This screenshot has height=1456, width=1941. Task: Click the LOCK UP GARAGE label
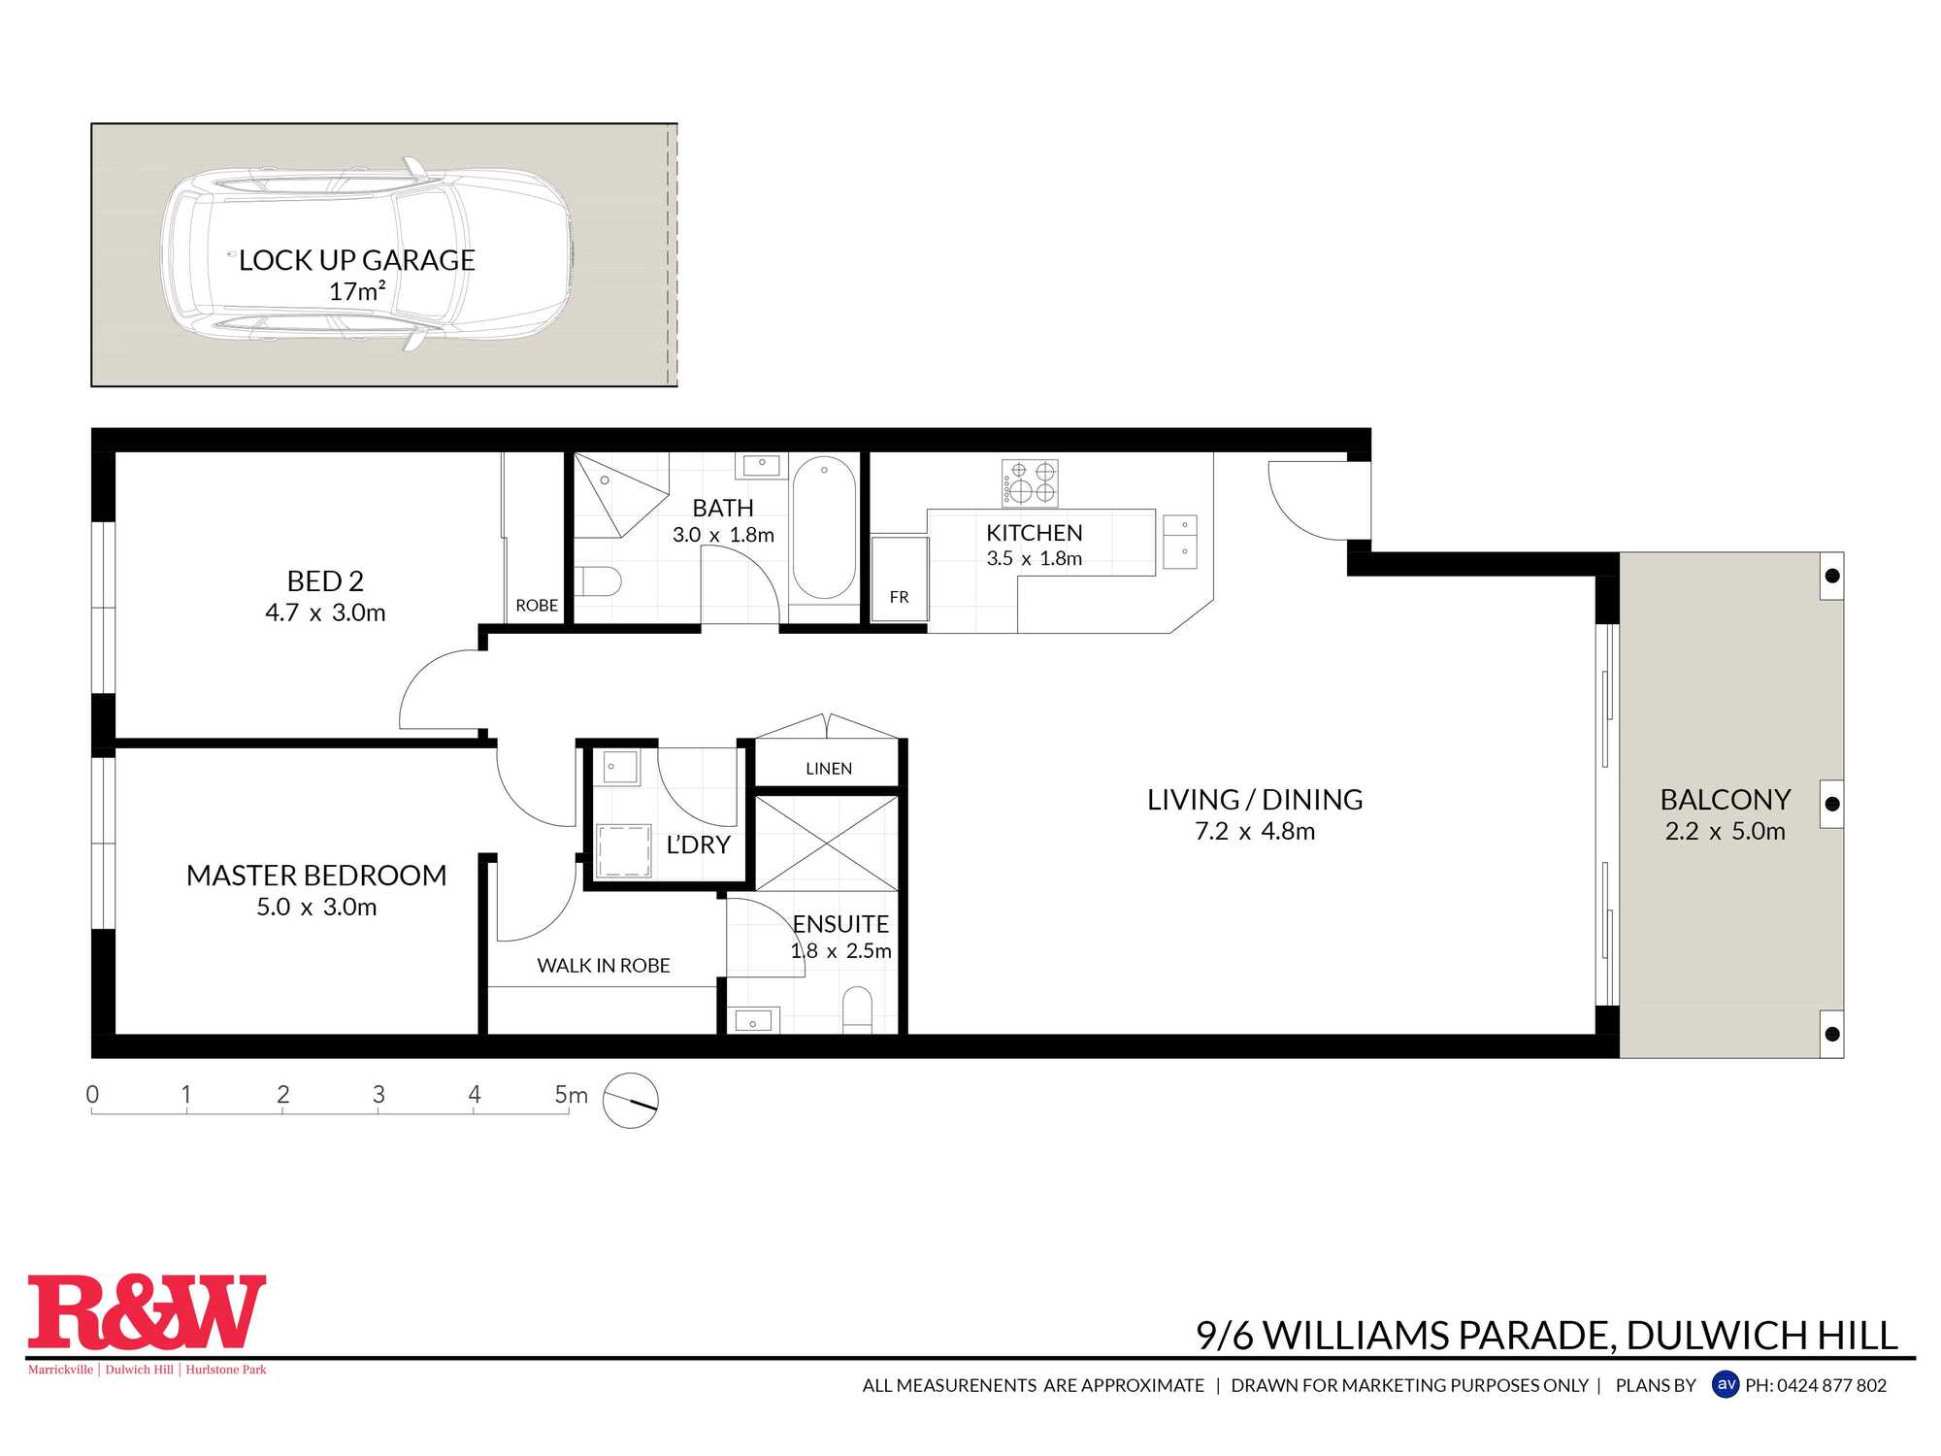pyautogui.click(x=356, y=260)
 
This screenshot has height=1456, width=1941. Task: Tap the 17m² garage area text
pyautogui.click(x=357, y=291)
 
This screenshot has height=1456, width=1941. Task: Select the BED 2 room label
pyautogui.click(x=325, y=580)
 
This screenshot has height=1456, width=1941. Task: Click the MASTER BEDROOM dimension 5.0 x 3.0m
pyautogui.click(x=316, y=907)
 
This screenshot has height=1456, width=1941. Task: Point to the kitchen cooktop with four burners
pyautogui.click(x=1030, y=483)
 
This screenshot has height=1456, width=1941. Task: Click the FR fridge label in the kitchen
pyautogui.click(x=899, y=597)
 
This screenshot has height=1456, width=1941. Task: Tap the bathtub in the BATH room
pyautogui.click(x=824, y=527)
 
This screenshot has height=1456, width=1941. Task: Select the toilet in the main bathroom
pyautogui.click(x=598, y=581)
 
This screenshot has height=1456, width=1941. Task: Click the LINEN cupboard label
pyautogui.click(x=828, y=769)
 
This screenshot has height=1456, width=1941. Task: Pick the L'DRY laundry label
pyautogui.click(x=698, y=844)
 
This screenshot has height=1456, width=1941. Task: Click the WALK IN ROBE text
pyautogui.click(x=604, y=966)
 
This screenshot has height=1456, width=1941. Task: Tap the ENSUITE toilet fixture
pyautogui.click(x=857, y=1009)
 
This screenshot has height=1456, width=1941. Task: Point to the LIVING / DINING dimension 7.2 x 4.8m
pyautogui.click(x=1255, y=832)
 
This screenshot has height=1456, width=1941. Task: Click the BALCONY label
pyautogui.click(x=1725, y=799)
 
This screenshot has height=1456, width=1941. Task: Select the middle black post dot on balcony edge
pyautogui.click(x=1832, y=804)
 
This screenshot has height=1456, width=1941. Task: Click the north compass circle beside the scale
pyautogui.click(x=631, y=1100)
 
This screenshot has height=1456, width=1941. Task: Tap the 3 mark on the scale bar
pyautogui.click(x=378, y=1095)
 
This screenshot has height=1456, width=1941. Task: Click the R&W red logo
pyautogui.click(x=147, y=1312)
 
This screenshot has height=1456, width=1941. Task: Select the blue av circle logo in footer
pyautogui.click(x=1726, y=1384)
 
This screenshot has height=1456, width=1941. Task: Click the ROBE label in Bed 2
pyautogui.click(x=537, y=606)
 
